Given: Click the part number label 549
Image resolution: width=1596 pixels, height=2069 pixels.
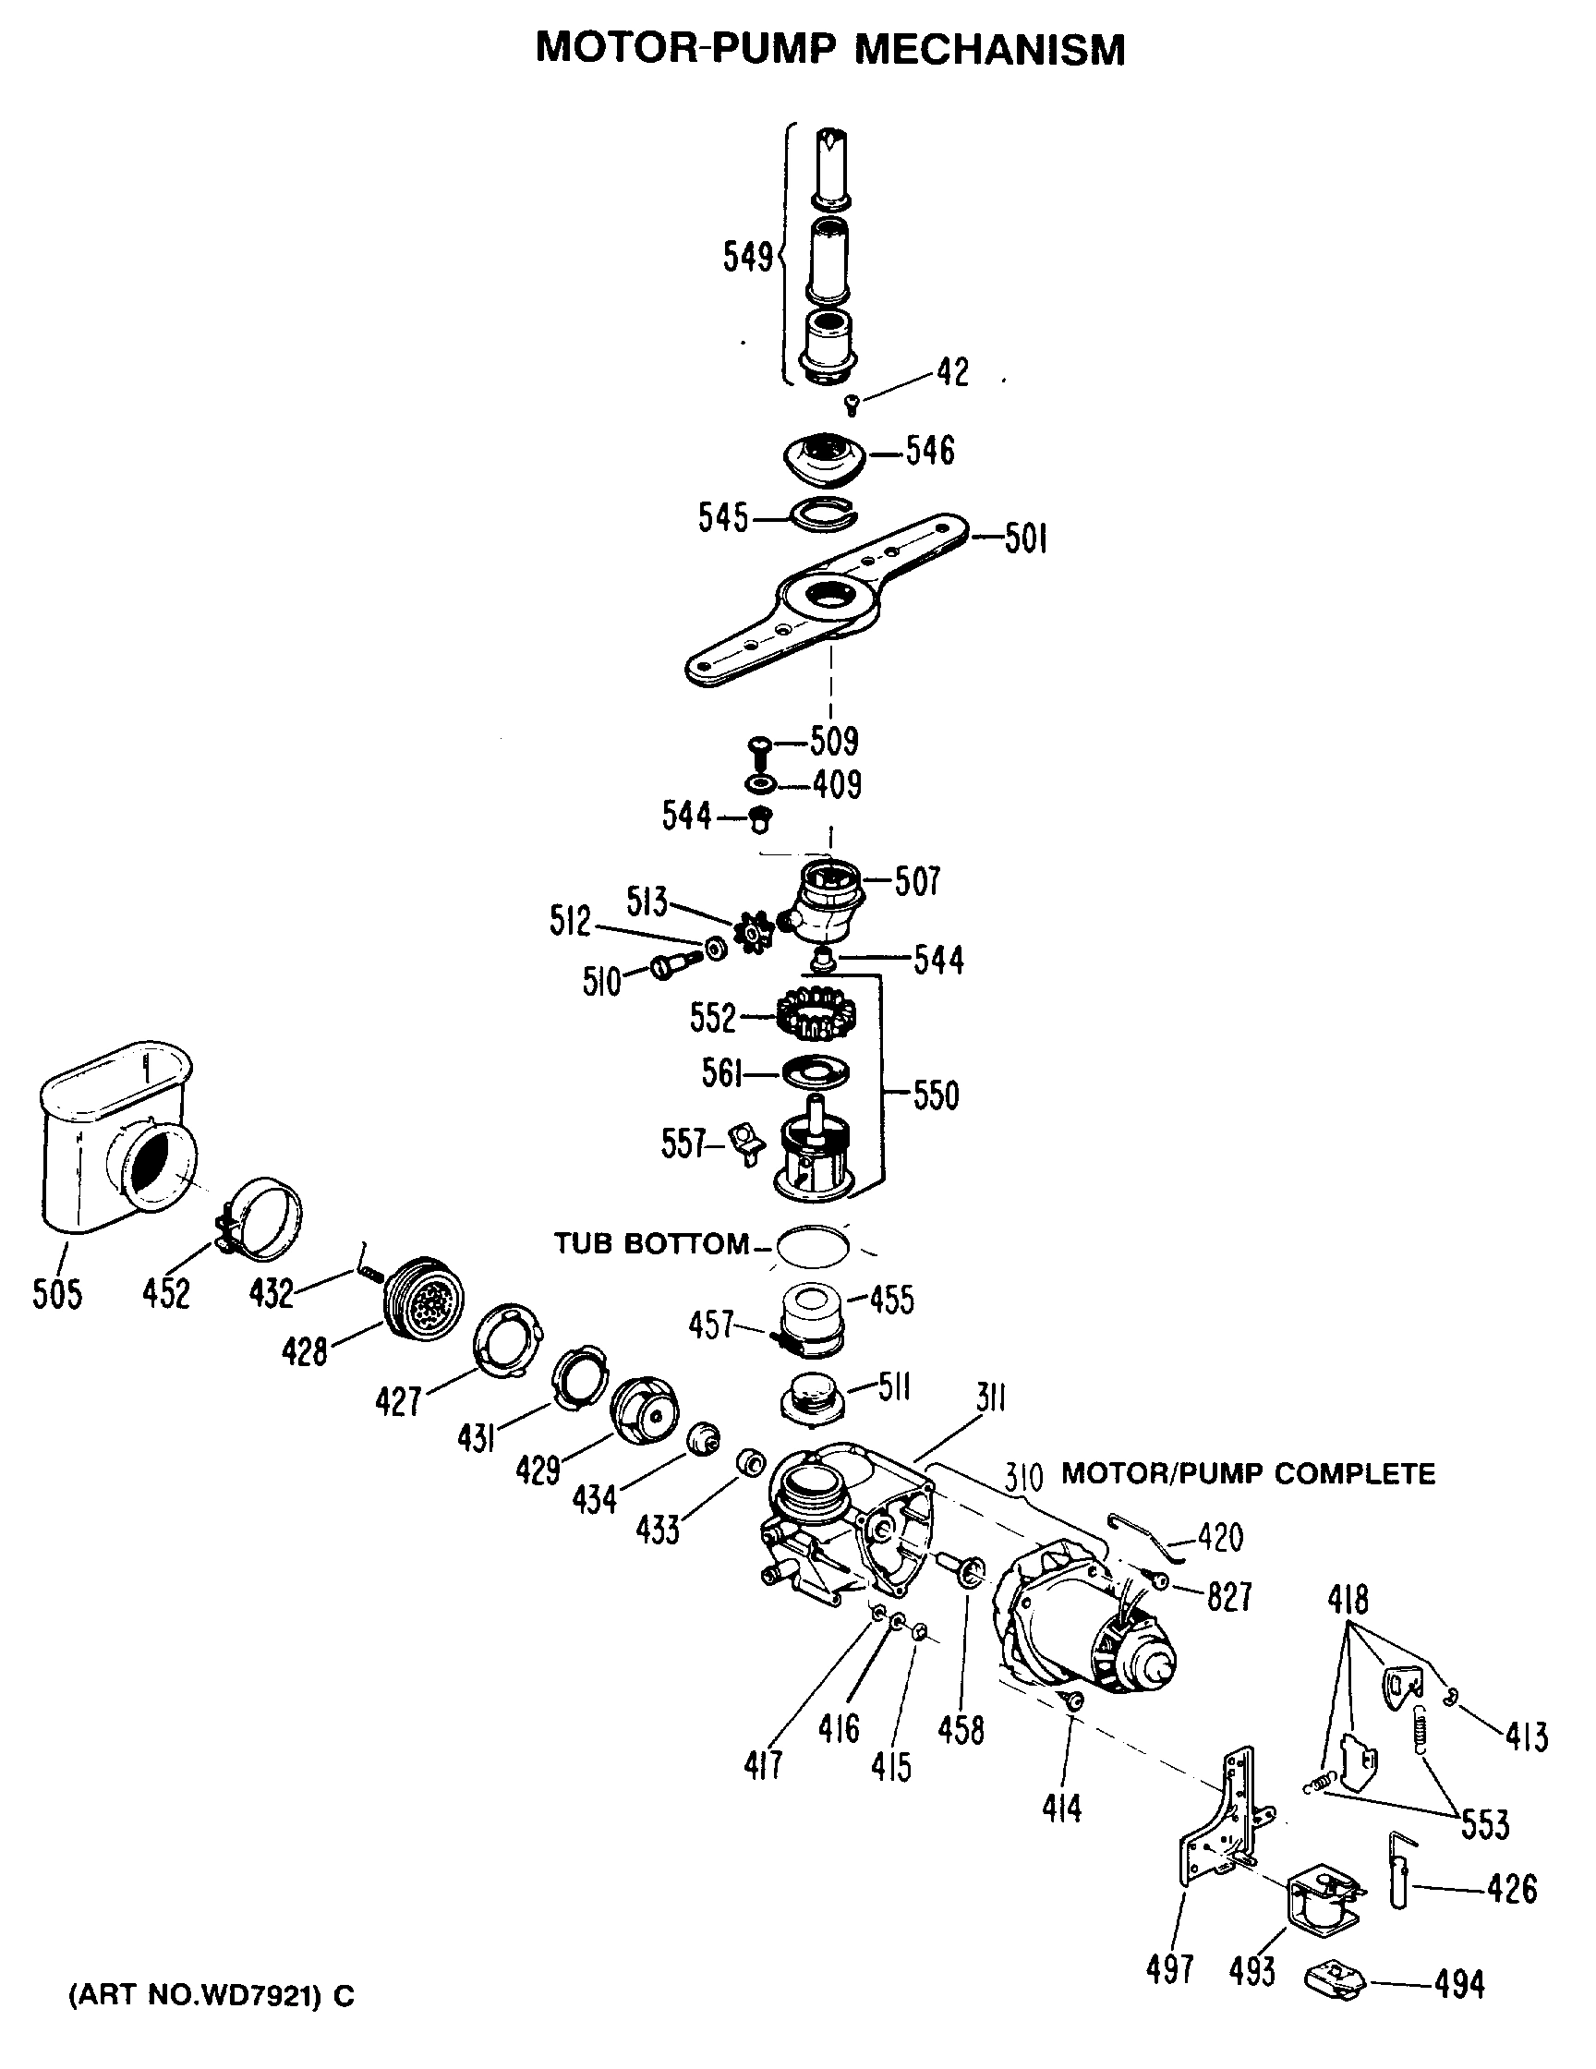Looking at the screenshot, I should coord(746,258).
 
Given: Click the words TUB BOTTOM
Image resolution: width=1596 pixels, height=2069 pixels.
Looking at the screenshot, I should coord(651,1244).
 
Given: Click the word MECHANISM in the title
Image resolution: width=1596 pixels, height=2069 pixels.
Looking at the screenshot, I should coord(990,49).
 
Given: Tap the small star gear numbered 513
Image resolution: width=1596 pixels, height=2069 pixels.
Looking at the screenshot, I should coord(755,931).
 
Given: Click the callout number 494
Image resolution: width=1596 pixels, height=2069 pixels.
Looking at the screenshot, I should coord(1458,1984).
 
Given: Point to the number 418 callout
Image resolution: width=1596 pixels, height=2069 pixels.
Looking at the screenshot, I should coord(1348,1599).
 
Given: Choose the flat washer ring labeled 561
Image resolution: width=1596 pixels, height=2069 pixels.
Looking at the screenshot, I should coord(815,1072).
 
